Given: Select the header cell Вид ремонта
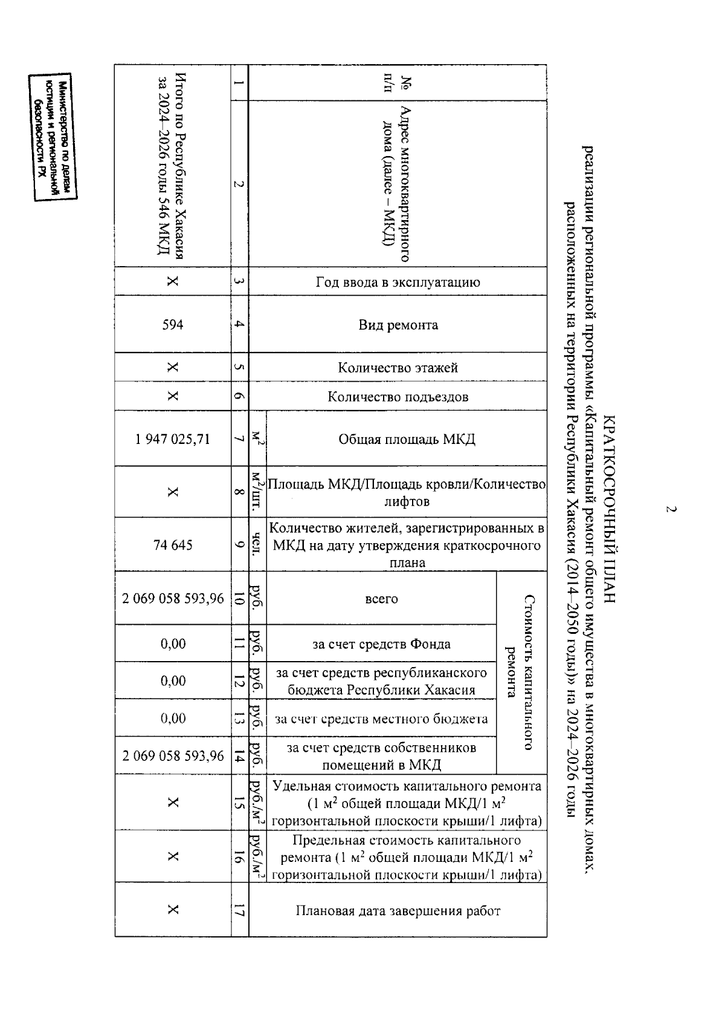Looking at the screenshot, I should (398, 325).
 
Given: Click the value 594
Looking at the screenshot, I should (173, 325).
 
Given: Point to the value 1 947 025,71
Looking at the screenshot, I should (173, 439).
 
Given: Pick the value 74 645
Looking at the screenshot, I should (173, 545).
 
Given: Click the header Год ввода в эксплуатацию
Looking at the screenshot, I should (398, 282).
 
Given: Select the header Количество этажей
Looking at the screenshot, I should (398, 368).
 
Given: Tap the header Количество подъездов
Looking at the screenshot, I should (398, 397).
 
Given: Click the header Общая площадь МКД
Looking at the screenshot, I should (407, 439).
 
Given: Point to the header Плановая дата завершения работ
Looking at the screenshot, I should (398, 911).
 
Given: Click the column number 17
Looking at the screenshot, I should (239, 911).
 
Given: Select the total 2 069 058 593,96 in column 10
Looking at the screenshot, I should (173, 599).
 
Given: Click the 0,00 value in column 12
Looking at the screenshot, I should (173, 681).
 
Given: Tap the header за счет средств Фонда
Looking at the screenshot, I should (381, 644).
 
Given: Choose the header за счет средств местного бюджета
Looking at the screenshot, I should (381, 719).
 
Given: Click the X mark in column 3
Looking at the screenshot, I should (173, 282).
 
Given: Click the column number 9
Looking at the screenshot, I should (239, 545).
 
